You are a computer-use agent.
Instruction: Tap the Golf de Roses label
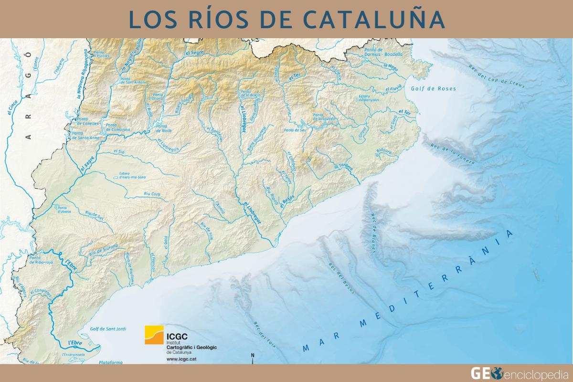click(x=433, y=89)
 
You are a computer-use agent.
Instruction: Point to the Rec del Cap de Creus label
click(x=497, y=76)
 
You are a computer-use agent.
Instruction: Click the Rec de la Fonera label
click(x=453, y=154)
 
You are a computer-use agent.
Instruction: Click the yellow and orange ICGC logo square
click(x=154, y=335)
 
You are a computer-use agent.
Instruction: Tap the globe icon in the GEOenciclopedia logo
click(x=498, y=372)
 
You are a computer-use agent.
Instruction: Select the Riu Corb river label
click(x=146, y=195)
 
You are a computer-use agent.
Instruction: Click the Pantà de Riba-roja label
click(x=44, y=260)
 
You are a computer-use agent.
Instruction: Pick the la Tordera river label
click(x=343, y=167)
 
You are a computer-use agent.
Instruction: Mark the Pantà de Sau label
click(x=295, y=129)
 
